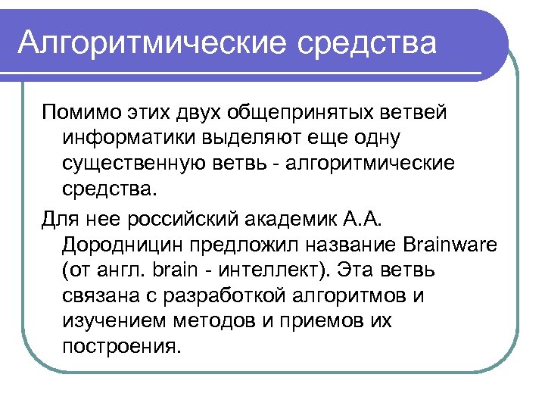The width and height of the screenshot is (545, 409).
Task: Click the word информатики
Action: [130, 139]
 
